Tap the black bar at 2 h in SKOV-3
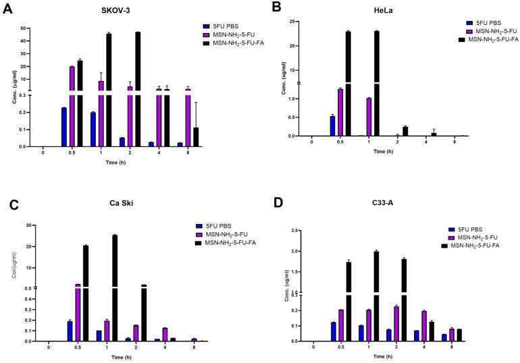click(x=138, y=88)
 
